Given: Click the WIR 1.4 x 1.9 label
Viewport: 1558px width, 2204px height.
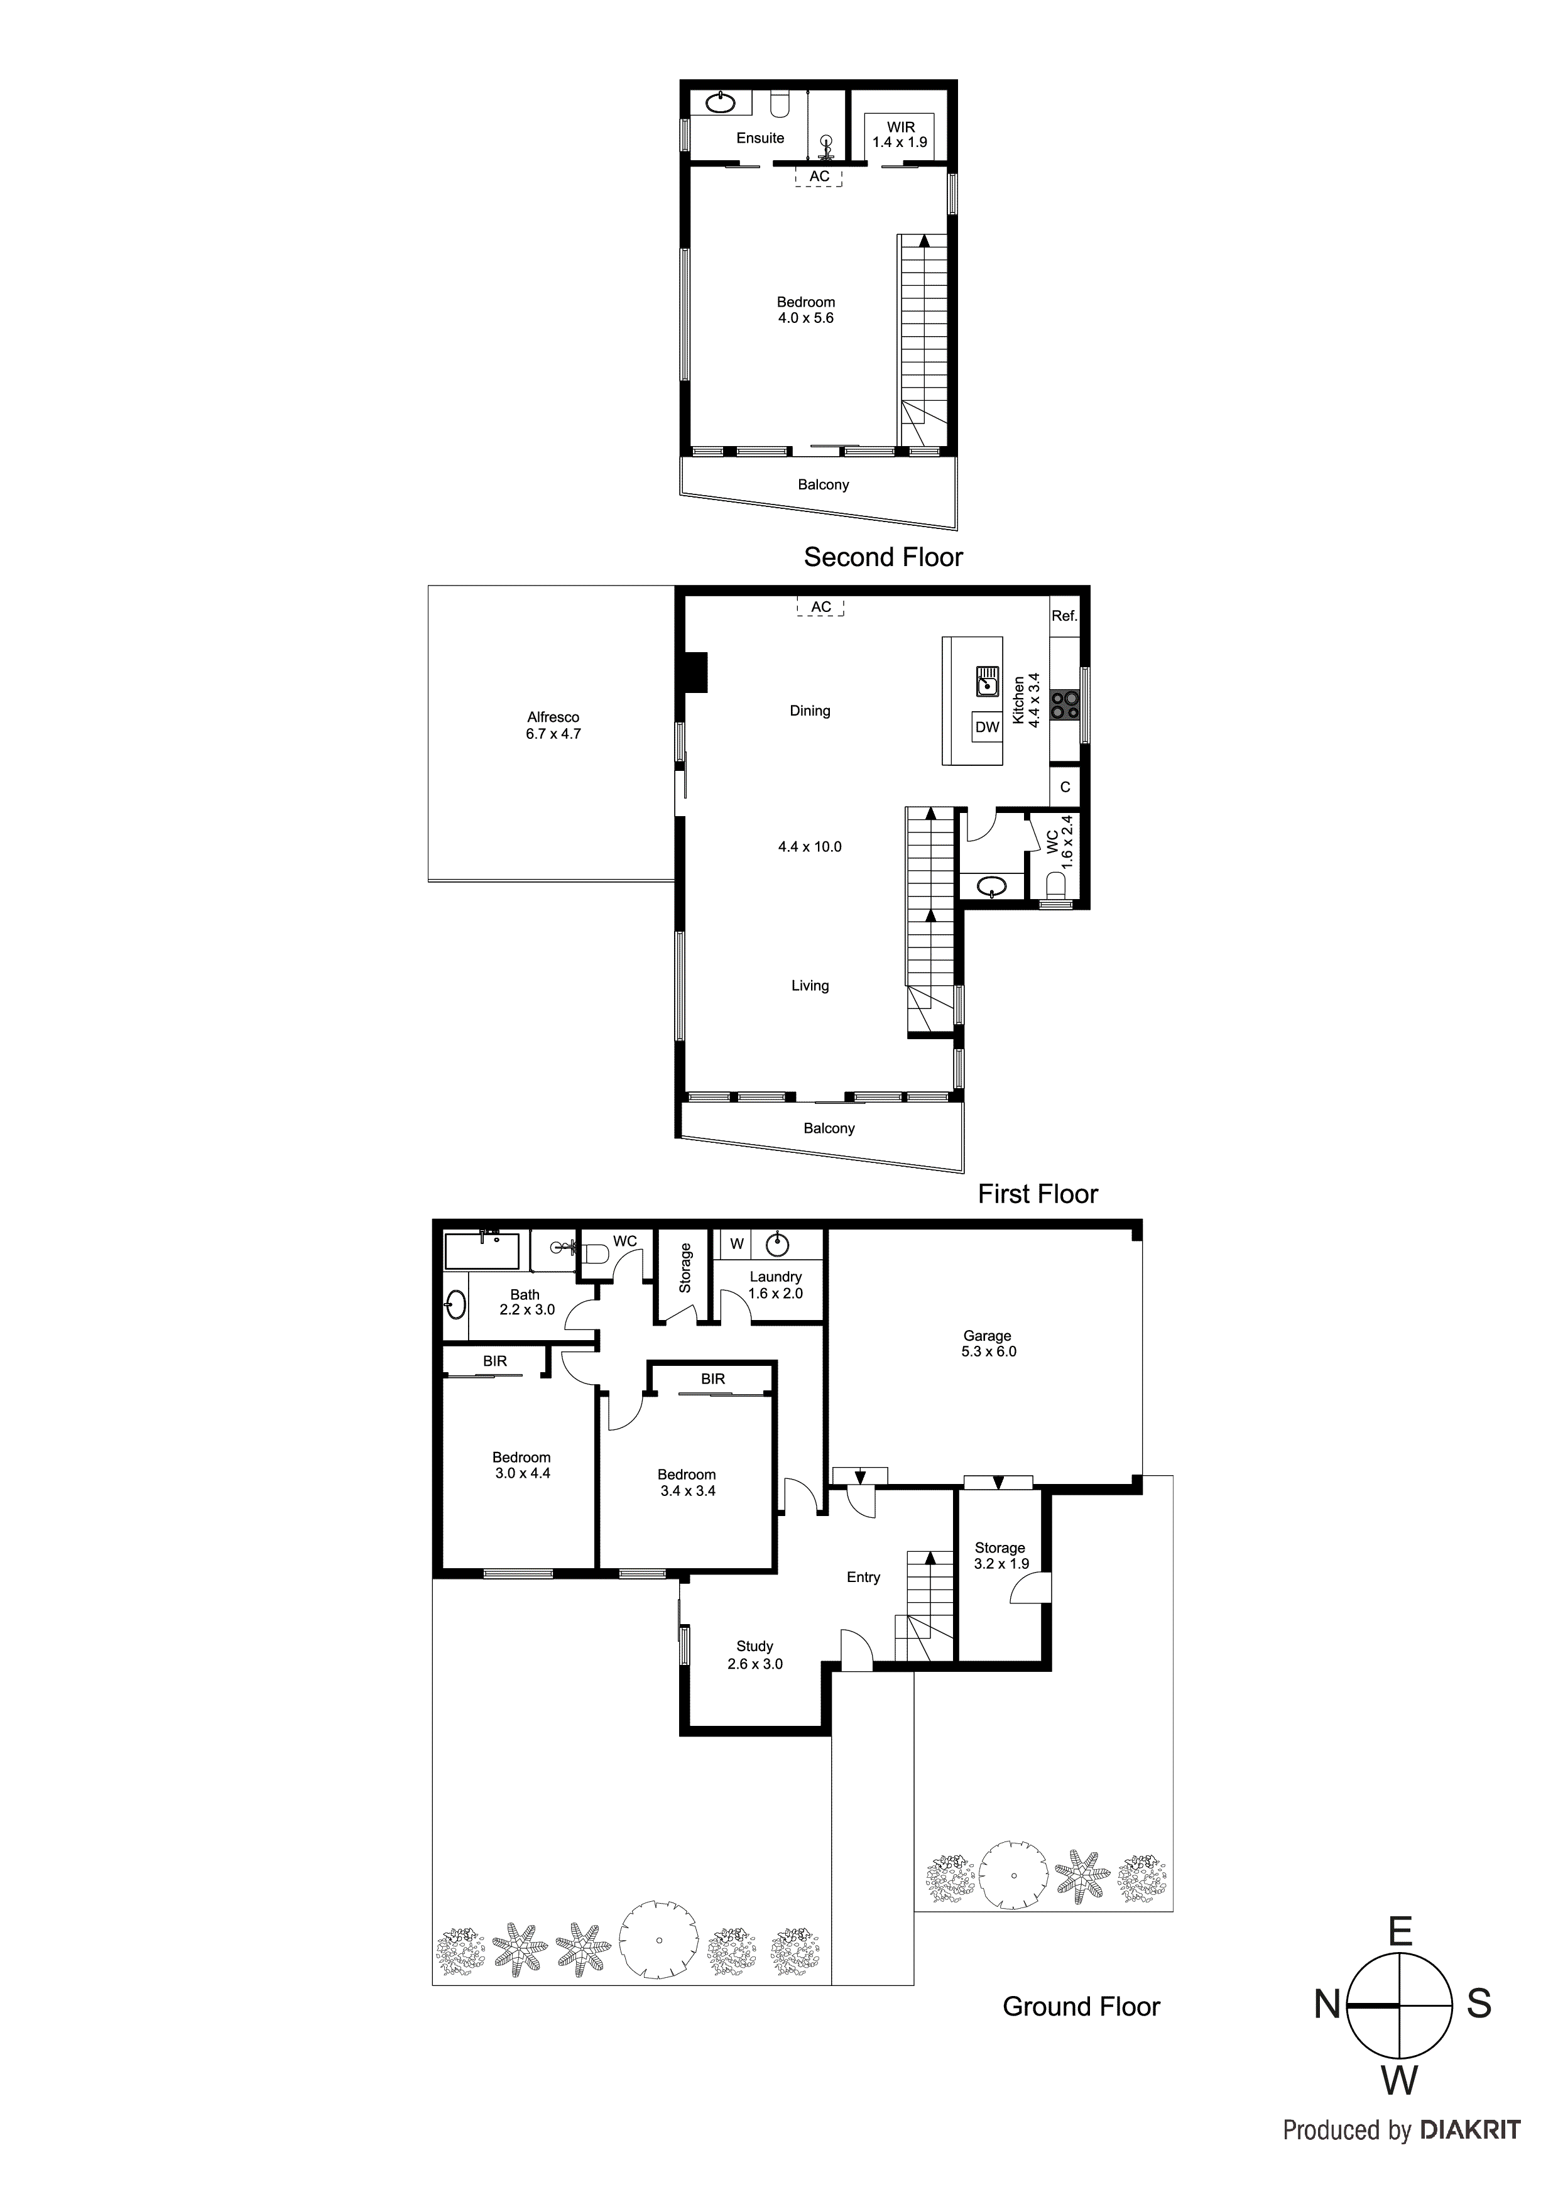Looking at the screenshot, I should pyautogui.click(x=900, y=134).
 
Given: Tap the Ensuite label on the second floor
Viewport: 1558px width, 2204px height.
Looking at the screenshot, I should pyautogui.click(x=760, y=138).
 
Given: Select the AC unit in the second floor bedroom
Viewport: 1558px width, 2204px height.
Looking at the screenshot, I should pyautogui.click(x=819, y=177).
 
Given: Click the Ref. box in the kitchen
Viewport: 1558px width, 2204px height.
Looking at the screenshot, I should pyautogui.click(x=1065, y=616).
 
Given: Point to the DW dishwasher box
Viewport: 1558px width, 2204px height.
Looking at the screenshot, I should pyautogui.click(x=987, y=727).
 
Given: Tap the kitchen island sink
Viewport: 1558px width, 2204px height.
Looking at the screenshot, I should pyautogui.click(x=988, y=682).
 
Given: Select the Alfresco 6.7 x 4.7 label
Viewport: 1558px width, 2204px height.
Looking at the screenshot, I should pyautogui.click(x=553, y=726).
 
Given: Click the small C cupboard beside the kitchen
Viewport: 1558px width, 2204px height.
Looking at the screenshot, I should pyautogui.click(x=1065, y=787).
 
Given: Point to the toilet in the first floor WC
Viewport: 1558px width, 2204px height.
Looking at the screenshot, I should pyautogui.click(x=1055, y=884).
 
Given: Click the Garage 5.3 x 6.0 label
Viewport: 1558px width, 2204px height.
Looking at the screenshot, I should pyautogui.click(x=988, y=1343).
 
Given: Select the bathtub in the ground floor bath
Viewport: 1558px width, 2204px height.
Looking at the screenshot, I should pyautogui.click(x=482, y=1251).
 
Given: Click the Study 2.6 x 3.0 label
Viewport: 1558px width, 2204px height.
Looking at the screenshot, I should pyautogui.click(x=754, y=1655).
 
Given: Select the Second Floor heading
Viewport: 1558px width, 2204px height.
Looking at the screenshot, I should pyautogui.click(x=883, y=557).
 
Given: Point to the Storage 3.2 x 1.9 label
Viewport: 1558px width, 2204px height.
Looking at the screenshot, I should pyautogui.click(x=1000, y=1555).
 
